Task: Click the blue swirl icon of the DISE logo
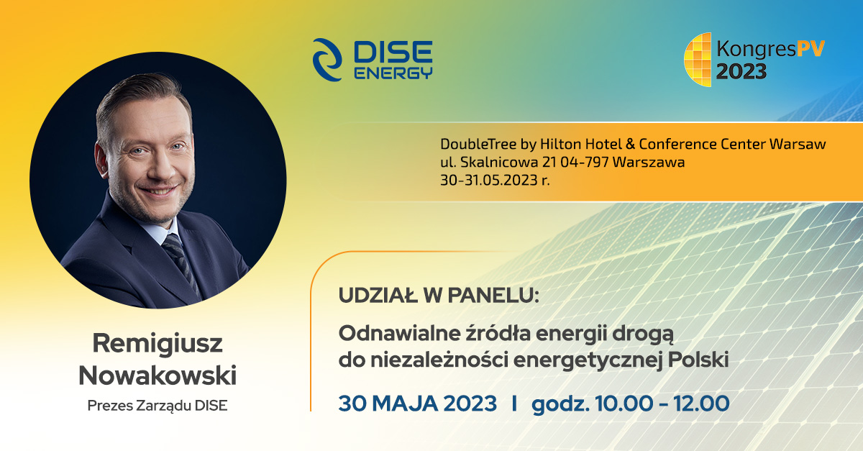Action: click(327, 60)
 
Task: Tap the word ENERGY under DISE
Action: click(393, 73)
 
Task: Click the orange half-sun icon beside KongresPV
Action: click(698, 60)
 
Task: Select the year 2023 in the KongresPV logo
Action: click(741, 72)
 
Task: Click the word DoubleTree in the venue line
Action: click(478, 144)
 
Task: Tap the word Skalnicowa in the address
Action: click(499, 162)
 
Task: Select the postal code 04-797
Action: click(584, 162)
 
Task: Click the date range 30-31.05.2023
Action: click(489, 180)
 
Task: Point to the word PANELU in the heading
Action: click(493, 296)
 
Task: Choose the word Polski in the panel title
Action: click(698, 360)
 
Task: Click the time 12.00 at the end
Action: click(701, 404)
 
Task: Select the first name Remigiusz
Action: click(157, 344)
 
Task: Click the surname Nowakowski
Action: click(157, 375)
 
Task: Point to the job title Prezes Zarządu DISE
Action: click(157, 406)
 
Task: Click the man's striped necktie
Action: click(181, 262)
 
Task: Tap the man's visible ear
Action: click(101, 160)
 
